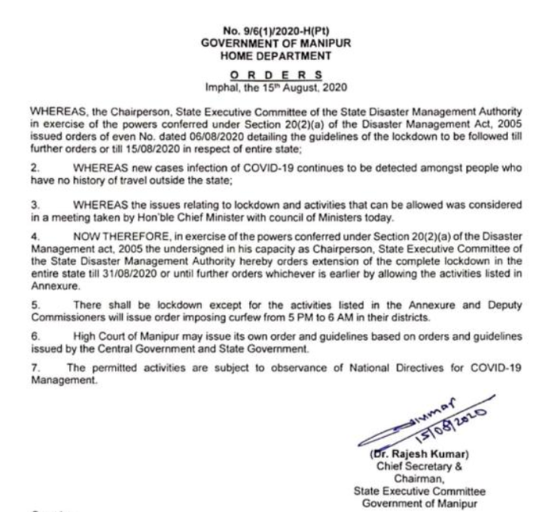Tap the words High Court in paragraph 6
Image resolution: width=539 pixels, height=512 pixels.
pyautogui.click(x=97, y=336)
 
